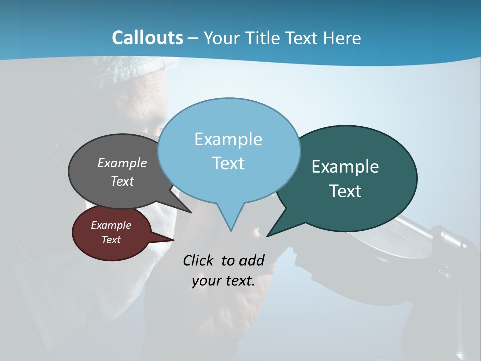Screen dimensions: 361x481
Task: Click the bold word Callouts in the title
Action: click(x=147, y=38)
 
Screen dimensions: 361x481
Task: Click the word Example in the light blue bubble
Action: click(x=228, y=139)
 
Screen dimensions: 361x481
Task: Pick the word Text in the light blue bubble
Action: click(x=228, y=163)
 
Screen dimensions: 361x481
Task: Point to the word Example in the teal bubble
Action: click(x=345, y=167)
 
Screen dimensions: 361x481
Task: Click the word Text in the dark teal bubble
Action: click(x=345, y=191)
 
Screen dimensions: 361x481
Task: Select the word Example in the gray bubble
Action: click(x=122, y=163)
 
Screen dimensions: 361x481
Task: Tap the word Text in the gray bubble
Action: click(x=122, y=181)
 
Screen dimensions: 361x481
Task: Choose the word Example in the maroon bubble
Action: click(x=111, y=225)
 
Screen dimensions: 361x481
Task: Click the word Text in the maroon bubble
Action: click(x=111, y=240)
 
